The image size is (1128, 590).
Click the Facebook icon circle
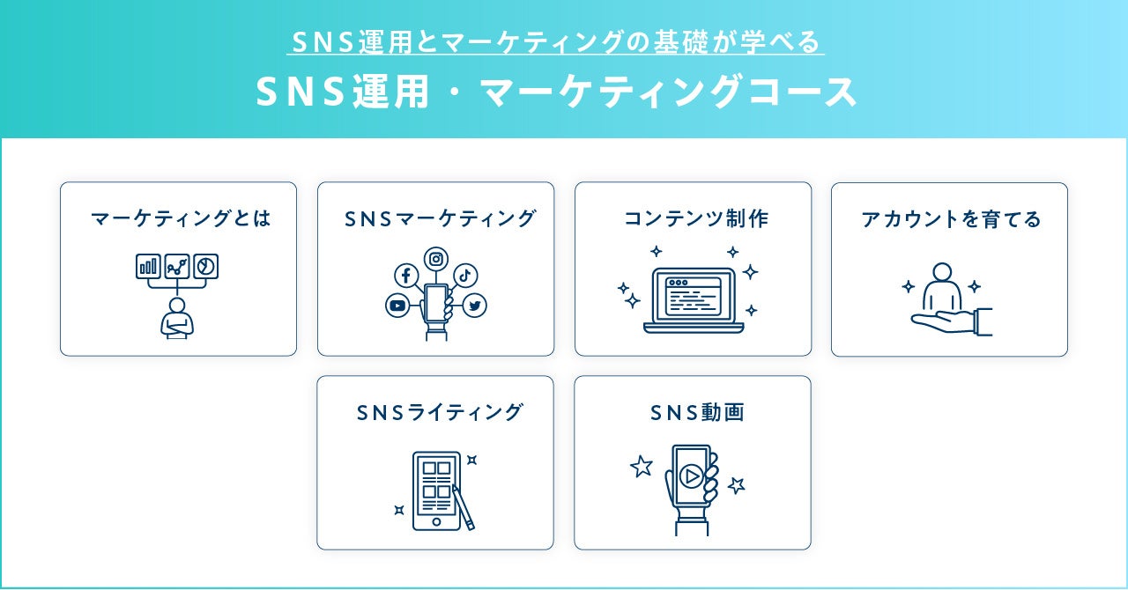[x=405, y=276]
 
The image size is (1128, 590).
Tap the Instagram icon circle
[x=436, y=259]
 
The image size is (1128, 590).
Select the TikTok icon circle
[x=465, y=274]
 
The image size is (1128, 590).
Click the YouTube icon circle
[x=397, y=306]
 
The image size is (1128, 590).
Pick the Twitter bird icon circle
[x=474, y=306]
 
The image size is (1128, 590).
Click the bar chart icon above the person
[x=148, y=266]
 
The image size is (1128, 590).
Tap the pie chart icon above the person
[x=205, y=266]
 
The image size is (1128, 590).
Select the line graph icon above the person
[x=176, y=266]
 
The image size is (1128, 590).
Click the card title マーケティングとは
[x=180, y=219]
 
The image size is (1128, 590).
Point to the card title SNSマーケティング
[x=440, y=219]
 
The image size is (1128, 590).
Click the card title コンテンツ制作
[x=696, y=219]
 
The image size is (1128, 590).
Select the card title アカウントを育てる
[x=951, y=219]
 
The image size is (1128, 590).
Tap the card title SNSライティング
[x=440, y=412]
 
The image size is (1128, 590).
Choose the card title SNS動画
[x=697, y=412]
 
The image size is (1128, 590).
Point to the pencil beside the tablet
[x=464, y=507]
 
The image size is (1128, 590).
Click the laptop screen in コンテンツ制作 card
[x=693, y=296]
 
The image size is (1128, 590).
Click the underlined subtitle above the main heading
[x=556, y=41]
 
